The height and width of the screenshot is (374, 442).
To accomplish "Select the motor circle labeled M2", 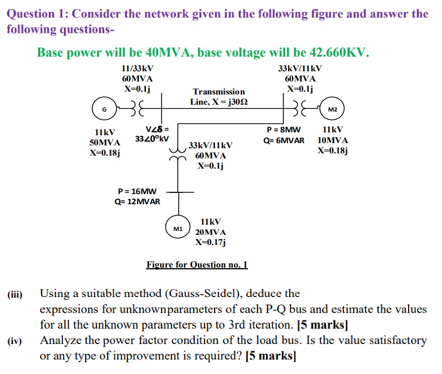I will [x=332, y=109].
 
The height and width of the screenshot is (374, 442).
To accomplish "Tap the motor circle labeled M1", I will [x=178, y=229].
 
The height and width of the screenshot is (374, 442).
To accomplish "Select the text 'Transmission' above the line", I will [x=218, y=92].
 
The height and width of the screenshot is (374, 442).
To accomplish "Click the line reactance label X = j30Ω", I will [x=218, y=102].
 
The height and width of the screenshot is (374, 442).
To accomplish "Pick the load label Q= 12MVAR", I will [x=137, y=202].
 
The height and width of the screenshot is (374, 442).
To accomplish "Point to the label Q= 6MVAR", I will [x=284, y=140].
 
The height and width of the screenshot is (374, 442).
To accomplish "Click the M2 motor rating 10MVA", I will [x=333, y=140].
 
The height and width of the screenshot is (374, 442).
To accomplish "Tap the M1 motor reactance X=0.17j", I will [x=211, y=243].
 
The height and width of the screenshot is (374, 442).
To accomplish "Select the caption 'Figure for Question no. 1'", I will [x=197, y=265].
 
